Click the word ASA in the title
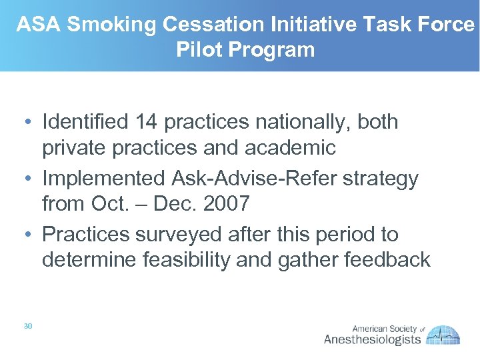coord(39,25)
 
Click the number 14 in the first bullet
coord(145,122)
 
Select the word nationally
coord(297,122)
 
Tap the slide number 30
coord(27,325)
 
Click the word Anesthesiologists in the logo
coord(372,339)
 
